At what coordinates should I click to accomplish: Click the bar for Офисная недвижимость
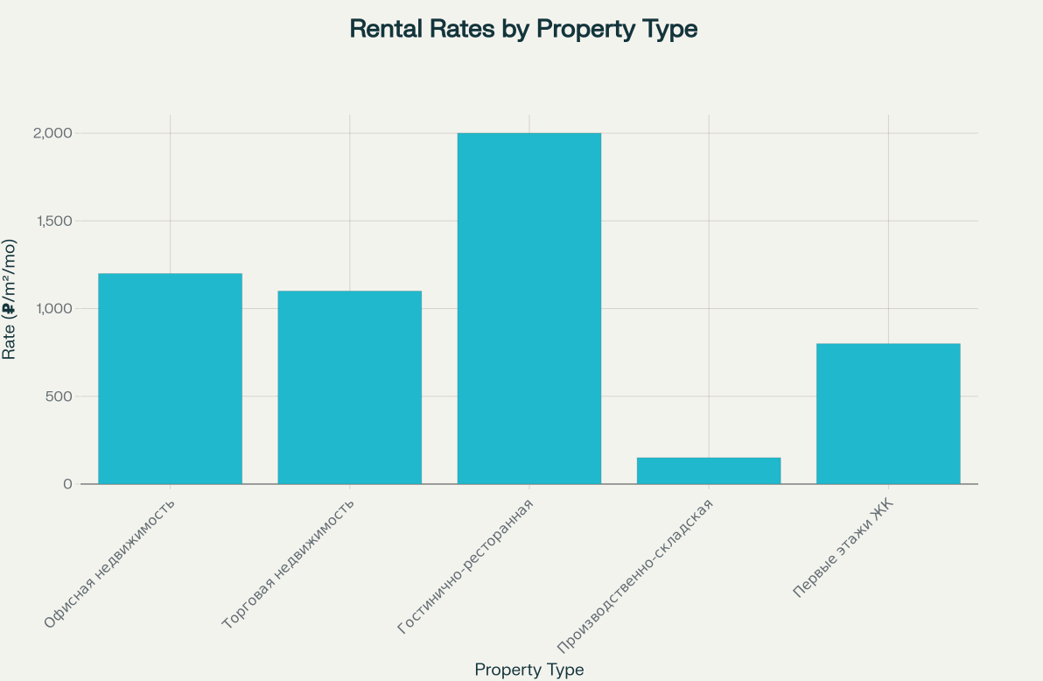pyautogui.click(x=170, y=378)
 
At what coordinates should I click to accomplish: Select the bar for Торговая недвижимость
pyautogui.click(x=349, y=387)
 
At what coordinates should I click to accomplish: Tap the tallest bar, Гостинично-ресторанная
pyautogui.click(x=528, y=308)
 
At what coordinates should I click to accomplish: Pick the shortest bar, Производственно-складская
pyautogui.click(x=708, y=470)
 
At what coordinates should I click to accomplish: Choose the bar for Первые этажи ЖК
pyautogui.click(x=887, y=413)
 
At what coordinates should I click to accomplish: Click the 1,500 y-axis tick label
pyautogui.click(x=54, y=221)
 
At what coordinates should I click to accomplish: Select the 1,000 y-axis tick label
pyautogui.click(x=54, y=308)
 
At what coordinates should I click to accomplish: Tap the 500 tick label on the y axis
pyautogui.click(x=60, y=396)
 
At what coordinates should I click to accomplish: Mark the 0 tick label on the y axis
pyautogui.click(x=66, y=484)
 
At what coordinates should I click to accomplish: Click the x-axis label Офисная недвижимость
pyautogui.click(x=110, y=564)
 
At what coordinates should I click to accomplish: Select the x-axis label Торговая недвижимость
pyautogui.click(x=289, y=565)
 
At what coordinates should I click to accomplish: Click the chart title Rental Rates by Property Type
pyautogui.click(x=523, y=29)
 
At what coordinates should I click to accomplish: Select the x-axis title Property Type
pyautogui.click(x=528, y=670)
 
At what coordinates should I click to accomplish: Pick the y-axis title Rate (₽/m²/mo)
pyautogui.click(x=10, y=299)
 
